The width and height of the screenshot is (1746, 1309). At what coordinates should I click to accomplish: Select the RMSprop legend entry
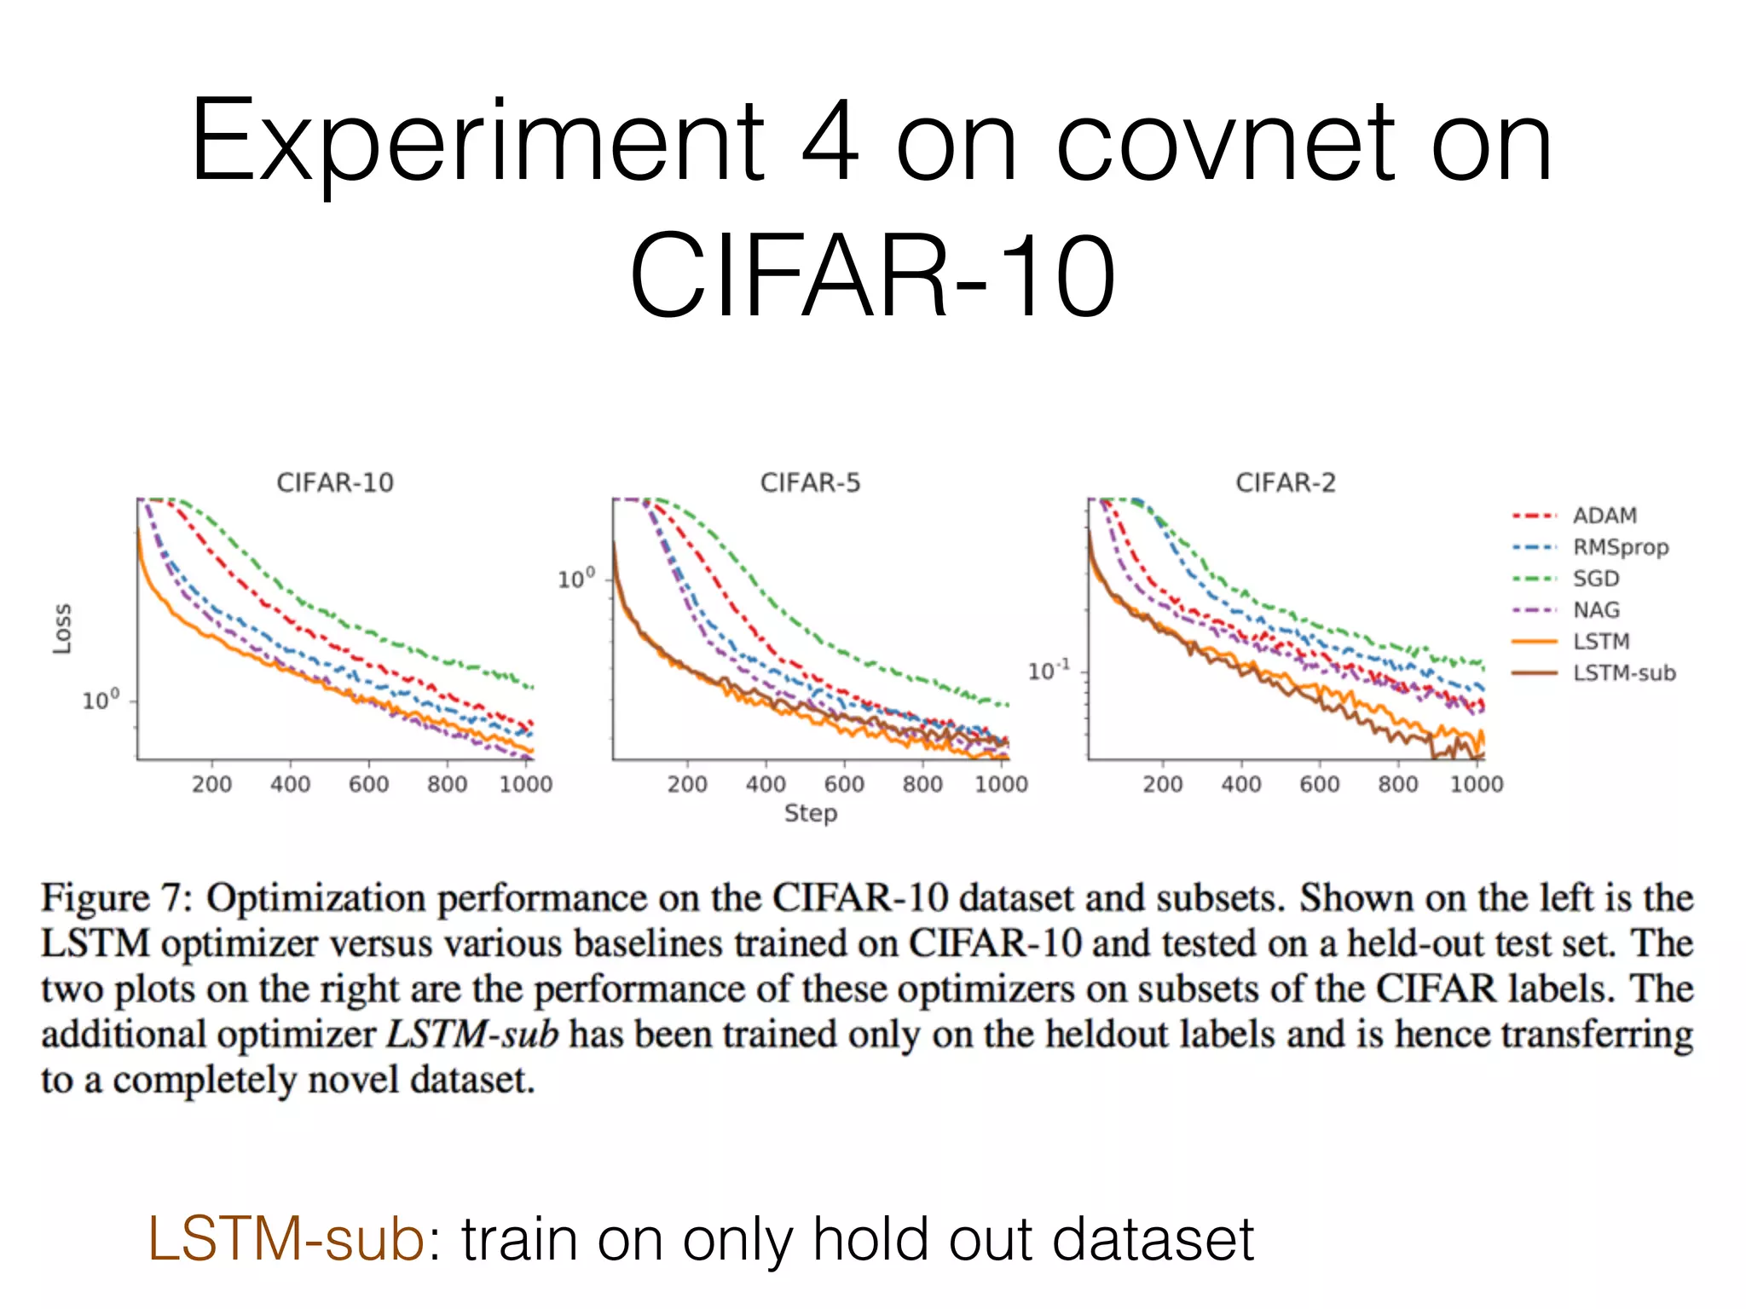(x=1620, y=547)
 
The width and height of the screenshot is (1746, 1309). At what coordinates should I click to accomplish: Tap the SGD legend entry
(x=1595, y=579)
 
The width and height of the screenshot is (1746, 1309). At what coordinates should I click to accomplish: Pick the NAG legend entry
(x=1595, y=610)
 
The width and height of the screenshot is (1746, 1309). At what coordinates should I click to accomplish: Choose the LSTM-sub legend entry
(x=1623, y=673)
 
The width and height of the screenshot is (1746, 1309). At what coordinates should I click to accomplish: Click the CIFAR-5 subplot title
(x=810, y=483)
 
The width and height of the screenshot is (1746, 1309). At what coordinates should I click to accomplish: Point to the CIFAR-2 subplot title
(x=1285, y=483)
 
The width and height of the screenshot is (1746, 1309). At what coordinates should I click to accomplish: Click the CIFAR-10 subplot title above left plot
(x=335, y=483)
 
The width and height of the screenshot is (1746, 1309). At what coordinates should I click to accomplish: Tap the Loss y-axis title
(x=62, y=629)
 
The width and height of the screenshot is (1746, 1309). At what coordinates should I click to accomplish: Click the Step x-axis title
(x=810, y=813)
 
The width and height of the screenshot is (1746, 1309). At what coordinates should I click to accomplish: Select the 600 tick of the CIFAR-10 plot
(x=368, y=784)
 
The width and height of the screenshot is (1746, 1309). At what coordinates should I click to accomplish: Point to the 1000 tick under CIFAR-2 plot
(x=1476, y=784)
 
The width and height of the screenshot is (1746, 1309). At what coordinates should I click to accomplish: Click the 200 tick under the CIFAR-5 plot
(x=687, y=784)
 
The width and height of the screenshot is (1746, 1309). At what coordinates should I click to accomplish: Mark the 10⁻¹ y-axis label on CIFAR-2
(x=1048, y=672)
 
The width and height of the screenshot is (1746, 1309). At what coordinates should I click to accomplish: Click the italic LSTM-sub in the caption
(x=472, y=1035)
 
